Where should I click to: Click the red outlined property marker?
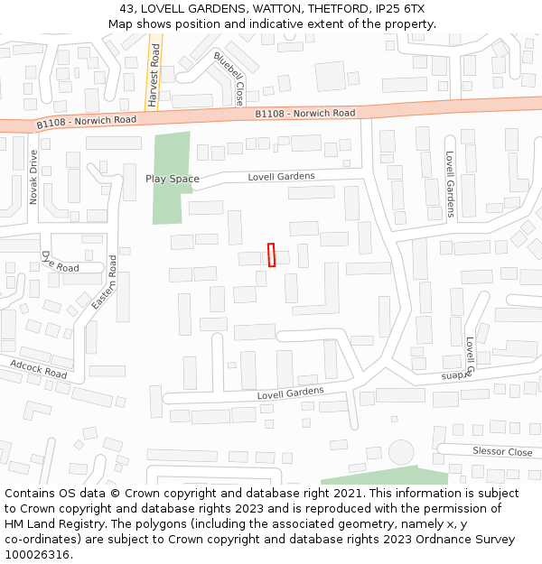point(271,255)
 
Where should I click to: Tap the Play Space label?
point(173,179)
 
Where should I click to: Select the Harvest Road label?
point(154,79)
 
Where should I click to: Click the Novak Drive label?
point(34,177)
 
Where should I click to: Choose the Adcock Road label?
point(39,369)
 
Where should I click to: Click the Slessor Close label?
point(502,451)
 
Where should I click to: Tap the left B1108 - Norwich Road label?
point(87,120)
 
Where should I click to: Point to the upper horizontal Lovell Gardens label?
point(281,177)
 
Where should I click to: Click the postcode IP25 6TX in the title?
point(397,9)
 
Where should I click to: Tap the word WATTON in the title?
point(276,9)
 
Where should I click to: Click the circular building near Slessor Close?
point(400,451)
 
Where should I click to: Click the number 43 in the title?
point(126,9)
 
